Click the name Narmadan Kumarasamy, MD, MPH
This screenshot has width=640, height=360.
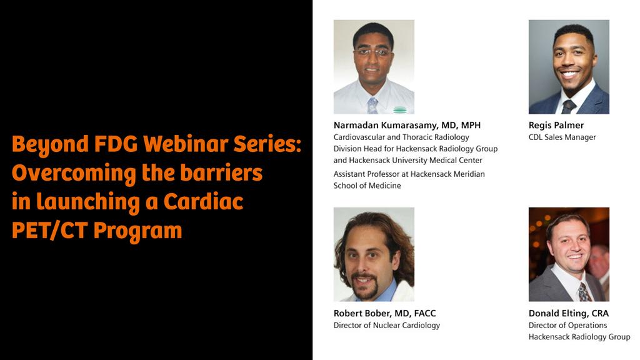[407, 125]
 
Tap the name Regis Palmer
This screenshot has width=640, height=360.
[556, 125]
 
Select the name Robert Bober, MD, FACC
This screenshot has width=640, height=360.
[385, 313]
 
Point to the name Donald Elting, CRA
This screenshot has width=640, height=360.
[568, 313]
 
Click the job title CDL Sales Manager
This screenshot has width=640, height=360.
[562, 137]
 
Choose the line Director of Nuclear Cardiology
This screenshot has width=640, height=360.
[386, 326]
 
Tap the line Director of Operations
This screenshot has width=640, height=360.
[567, 326]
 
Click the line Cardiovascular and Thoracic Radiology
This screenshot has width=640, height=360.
[401, 137]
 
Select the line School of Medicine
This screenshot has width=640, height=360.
[367, 186]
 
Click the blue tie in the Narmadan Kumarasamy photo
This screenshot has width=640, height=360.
[372, 104]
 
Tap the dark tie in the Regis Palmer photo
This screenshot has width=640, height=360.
[569, 106]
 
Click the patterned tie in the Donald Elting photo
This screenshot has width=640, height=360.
[584, 291]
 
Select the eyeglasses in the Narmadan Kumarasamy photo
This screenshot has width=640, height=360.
[373, 52]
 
